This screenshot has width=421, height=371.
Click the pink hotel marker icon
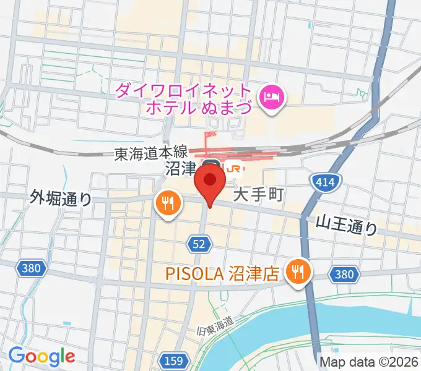pos(272,96)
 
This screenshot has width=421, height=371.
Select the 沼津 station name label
pos(181,168)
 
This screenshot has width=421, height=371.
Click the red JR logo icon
pos(233,168)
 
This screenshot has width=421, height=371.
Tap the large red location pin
pos(210,185)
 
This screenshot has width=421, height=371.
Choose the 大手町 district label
pos(258,196)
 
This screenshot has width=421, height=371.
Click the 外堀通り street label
pos(61,198)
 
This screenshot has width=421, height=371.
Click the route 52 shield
pos(198,245)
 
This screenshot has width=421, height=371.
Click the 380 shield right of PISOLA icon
pos(342,274)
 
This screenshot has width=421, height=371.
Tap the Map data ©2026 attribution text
pos(368,362)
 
